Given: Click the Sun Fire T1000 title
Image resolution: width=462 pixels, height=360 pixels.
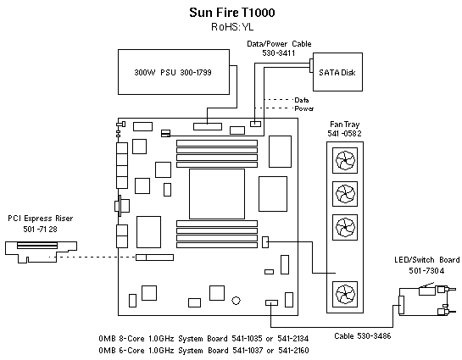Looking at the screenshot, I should pos(231,14).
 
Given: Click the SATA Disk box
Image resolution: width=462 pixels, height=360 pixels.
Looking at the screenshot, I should pos(336,73).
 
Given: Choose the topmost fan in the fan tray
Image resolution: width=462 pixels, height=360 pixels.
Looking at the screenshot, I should pos(345,160).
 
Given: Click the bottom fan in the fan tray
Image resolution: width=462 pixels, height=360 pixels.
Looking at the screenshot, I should pos(345,293).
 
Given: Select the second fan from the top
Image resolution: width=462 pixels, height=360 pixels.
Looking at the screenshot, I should pos(345,194).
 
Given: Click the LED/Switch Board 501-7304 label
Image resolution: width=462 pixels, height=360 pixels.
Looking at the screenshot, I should pos(426,264).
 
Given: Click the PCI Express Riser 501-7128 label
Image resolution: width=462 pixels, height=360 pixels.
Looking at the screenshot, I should pos(41,223).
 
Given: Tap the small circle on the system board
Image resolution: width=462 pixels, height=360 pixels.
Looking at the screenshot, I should pos(236,298).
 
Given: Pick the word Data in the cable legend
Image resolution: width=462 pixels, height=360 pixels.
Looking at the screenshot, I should pos(302,100).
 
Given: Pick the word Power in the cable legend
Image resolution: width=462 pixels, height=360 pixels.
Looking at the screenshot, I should pos(303,109).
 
